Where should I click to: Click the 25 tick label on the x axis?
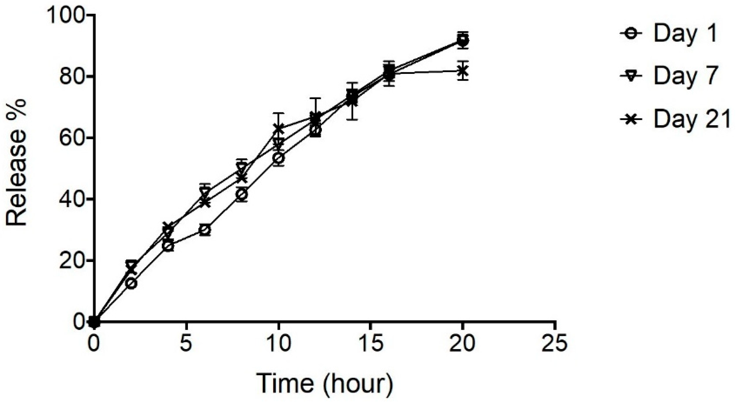point(555,343)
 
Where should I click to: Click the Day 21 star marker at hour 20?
point(462,70)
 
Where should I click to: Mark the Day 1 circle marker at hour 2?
point(131,283)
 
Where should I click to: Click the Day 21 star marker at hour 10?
point(278,129)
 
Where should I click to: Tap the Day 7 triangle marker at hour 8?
point(242,167)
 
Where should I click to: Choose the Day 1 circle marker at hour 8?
point(242,194)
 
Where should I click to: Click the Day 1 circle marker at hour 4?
point(168,246)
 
